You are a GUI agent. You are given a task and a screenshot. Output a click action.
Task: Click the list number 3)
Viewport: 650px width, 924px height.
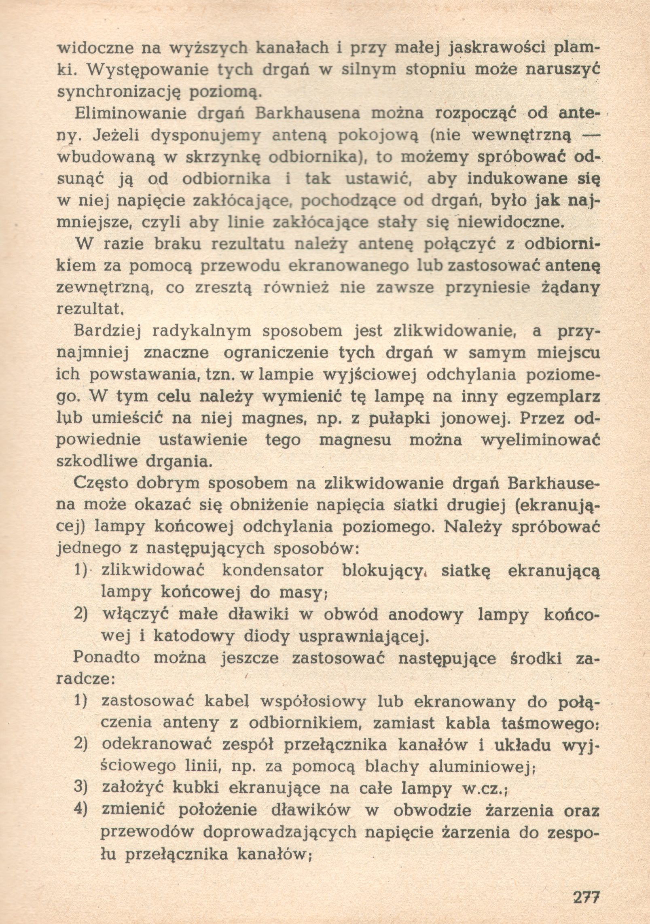(82, 789)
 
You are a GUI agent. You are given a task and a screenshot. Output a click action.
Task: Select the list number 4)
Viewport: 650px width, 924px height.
(82, 811)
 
